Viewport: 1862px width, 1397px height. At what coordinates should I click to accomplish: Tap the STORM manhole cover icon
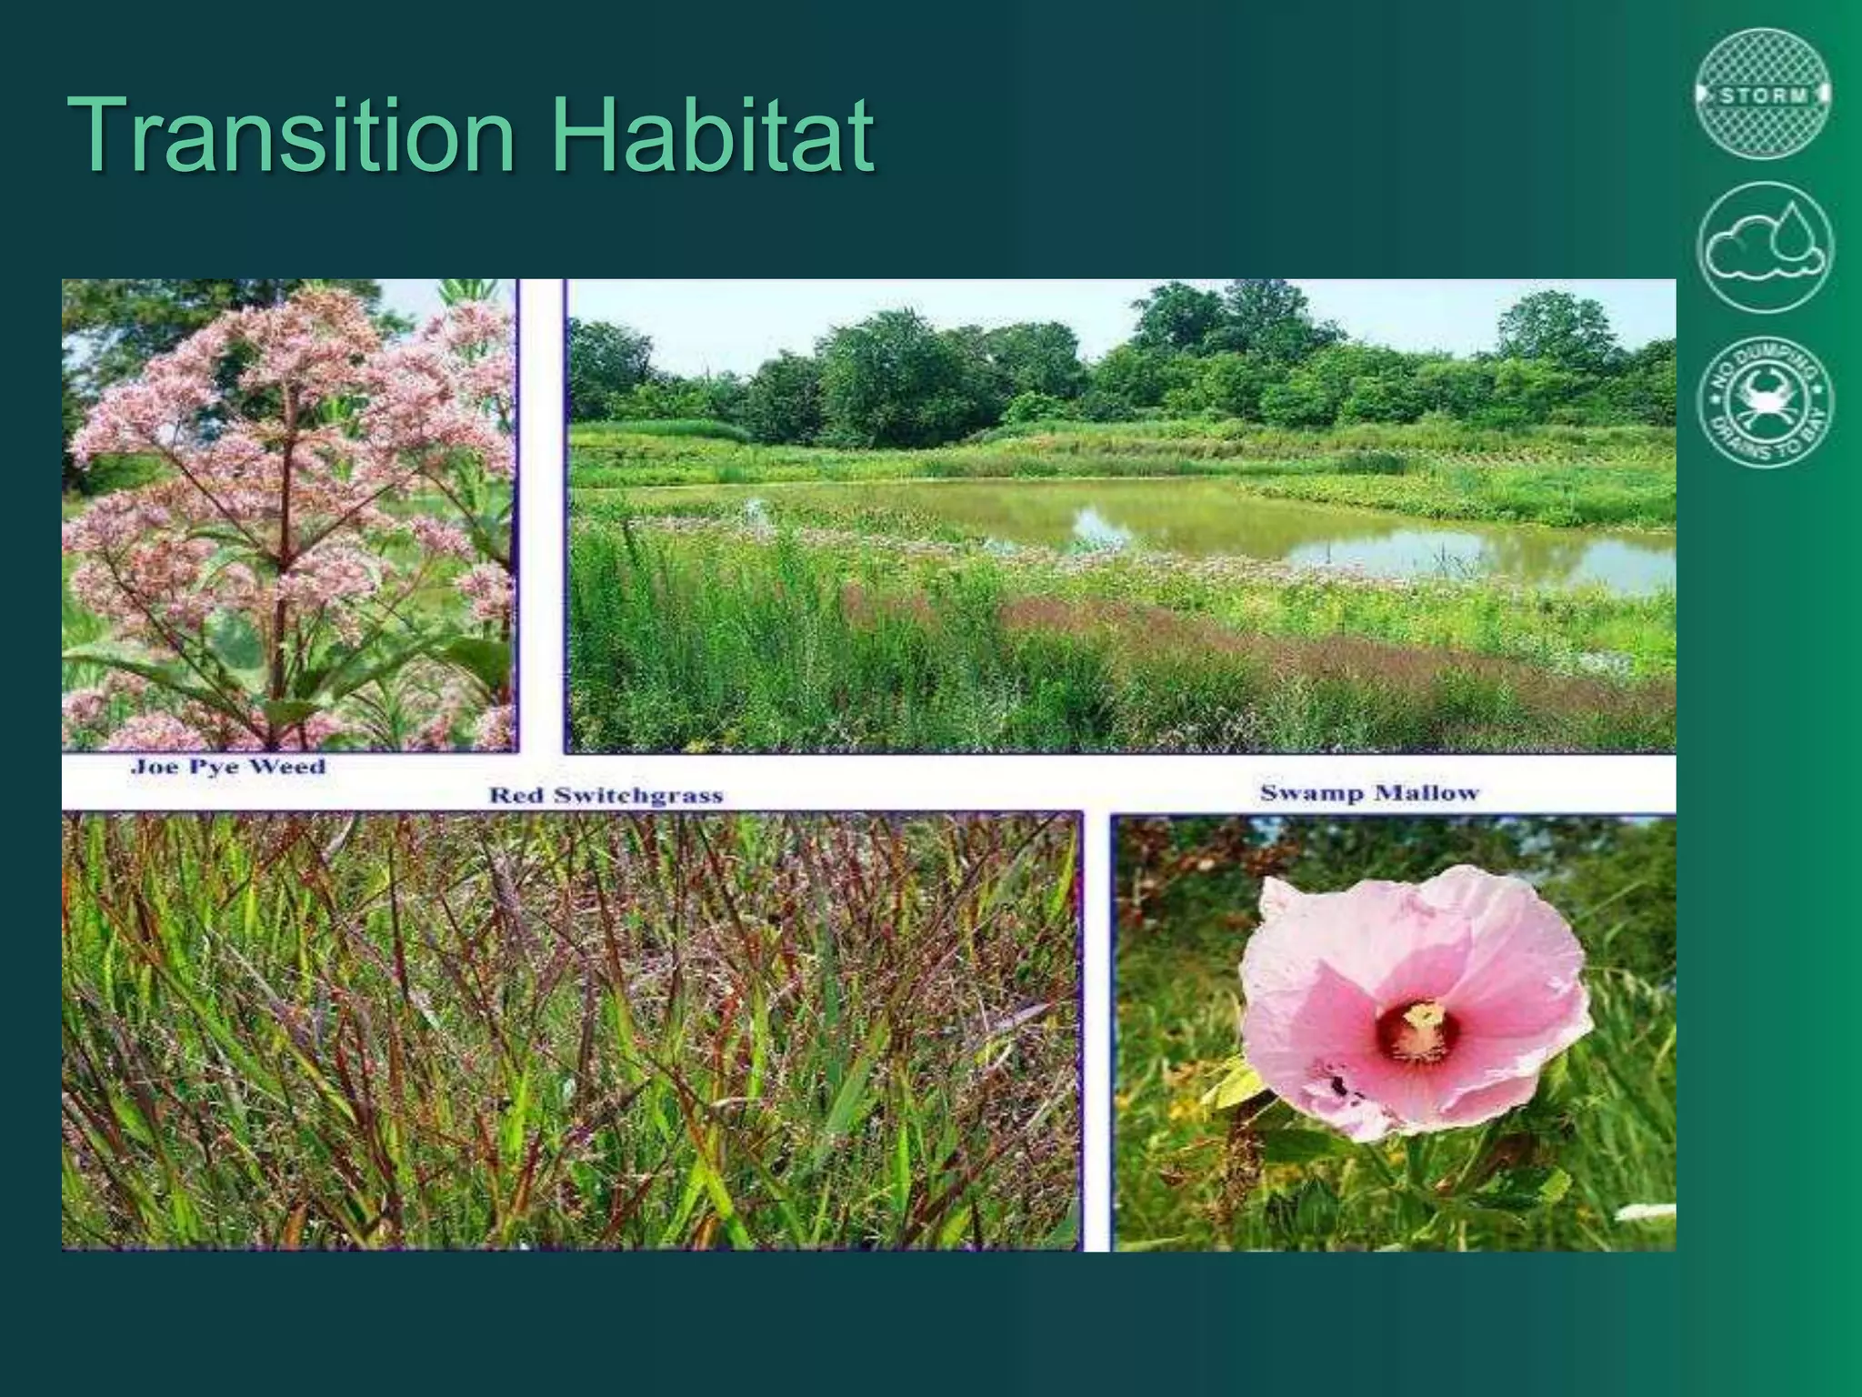pos(1764,95)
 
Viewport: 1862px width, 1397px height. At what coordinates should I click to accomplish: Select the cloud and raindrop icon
pos(1765,247)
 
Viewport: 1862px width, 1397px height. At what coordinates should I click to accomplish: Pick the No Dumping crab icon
pos(1765,402)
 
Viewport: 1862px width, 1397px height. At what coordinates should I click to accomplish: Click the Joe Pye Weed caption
pos(228,767)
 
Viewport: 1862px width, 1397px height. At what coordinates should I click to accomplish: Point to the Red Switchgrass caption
pos(606,796)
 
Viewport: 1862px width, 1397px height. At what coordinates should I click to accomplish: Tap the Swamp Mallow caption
pos(1369,793)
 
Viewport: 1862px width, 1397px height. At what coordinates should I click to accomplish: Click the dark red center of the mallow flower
pos(1416,1032)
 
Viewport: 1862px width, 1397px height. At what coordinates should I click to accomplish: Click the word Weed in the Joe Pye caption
pos(286,767)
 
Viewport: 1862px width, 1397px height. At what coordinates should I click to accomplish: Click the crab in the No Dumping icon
pos(1765,400)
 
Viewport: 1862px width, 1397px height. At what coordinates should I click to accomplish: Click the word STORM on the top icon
pos(1764,95)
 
